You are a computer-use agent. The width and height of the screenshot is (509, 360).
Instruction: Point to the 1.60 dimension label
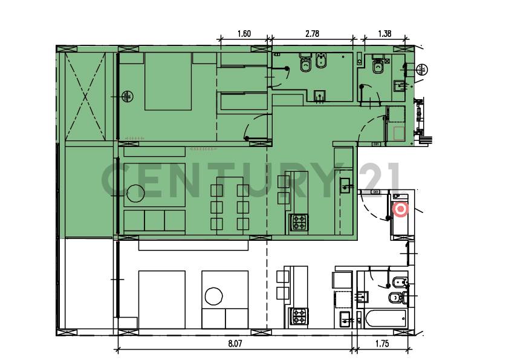pos(244,34)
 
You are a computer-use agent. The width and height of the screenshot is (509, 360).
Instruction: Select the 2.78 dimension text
pos(312,34)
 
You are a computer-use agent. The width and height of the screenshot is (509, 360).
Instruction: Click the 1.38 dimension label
pos(384,34)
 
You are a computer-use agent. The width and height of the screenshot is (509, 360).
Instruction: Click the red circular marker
pos(400,209)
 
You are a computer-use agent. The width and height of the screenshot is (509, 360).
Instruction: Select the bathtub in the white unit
pos(383,319)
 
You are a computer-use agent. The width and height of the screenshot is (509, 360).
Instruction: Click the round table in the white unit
pos(214,296)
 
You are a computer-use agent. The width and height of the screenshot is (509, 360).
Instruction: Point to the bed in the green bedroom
pos(168,81)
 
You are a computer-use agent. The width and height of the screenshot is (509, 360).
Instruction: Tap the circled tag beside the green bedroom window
pos(127,96)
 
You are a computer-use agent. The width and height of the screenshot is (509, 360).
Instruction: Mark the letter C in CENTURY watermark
pos(118,180)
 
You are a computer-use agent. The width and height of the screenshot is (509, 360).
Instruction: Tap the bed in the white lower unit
pos(161,299)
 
